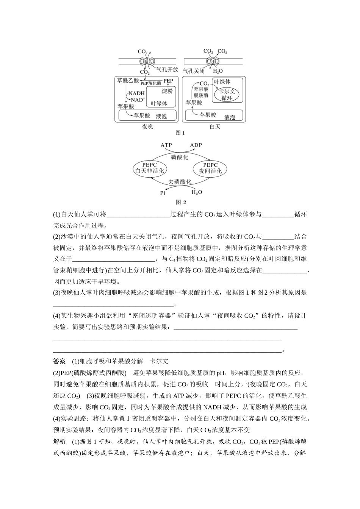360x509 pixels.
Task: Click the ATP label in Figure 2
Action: click(166, 145)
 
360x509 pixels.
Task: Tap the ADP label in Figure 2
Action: click(196, 145)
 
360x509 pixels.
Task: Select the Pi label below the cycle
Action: click(163, 193)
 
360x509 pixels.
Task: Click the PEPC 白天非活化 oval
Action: click(149, 168)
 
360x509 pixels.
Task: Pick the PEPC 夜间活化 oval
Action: click(210, 168)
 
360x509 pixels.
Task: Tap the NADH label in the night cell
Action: click(136, 93)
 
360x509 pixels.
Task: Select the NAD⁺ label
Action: click(138, 100)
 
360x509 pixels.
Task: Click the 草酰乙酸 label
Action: click(128, 81)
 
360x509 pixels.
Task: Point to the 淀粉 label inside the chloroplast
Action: click(167, 91)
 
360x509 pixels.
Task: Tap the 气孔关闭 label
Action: click(194, 71)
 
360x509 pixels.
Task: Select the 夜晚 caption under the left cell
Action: click(147, 126)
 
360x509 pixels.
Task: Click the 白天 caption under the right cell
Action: click(215, 126)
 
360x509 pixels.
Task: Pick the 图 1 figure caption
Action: click(180, 133)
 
